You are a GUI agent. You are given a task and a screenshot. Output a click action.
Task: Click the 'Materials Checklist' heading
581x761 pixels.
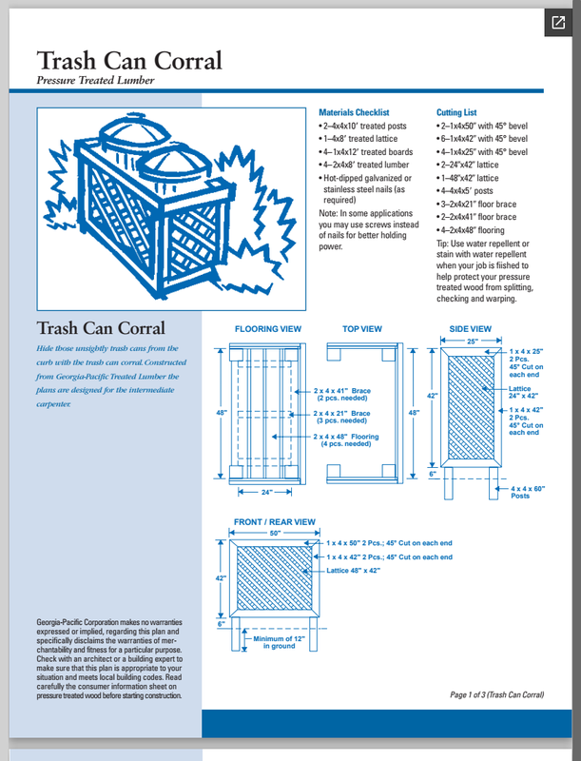coord(355,112)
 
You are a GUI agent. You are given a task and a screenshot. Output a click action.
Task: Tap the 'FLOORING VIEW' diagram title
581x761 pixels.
coord(268,329)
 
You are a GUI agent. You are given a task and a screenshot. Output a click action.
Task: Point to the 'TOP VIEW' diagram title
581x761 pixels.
coord(362,329)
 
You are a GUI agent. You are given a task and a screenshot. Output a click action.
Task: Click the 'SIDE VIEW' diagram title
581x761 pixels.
coord(471,329)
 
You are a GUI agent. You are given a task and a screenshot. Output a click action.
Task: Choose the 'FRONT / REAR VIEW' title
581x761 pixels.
coord(275,522)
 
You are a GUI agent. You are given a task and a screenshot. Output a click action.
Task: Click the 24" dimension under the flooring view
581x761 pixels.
coord(267,492)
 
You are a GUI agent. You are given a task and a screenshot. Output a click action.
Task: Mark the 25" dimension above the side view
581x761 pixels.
coord(473,341)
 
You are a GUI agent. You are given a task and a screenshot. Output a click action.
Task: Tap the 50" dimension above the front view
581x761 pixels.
coord(275,534)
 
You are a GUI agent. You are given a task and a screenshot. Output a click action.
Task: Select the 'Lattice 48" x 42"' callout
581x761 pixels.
coord(353,570)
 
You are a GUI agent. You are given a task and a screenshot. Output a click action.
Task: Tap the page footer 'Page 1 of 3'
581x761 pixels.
coord(496,695)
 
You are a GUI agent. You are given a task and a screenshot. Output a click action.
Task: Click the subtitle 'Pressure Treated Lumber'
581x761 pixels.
coord(95,80)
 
